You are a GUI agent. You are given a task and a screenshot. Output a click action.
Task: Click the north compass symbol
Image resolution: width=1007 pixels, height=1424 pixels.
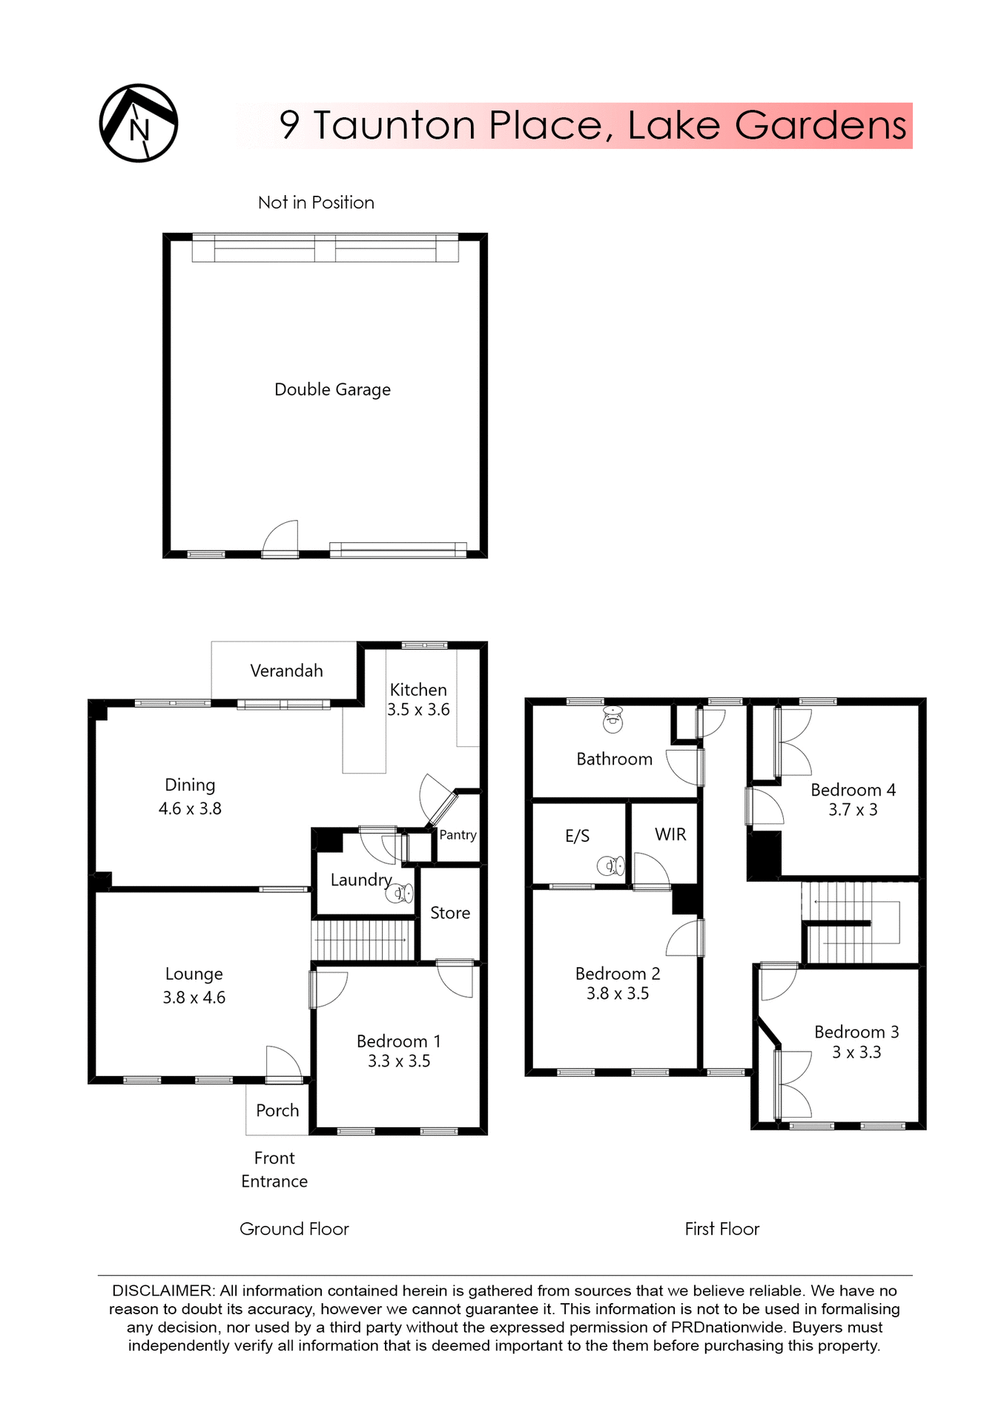tap(139, 123)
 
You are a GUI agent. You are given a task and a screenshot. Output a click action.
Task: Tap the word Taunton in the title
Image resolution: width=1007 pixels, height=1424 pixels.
tap(394, 125)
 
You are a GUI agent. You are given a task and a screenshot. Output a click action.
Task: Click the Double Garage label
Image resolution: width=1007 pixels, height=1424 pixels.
tap(332, 389)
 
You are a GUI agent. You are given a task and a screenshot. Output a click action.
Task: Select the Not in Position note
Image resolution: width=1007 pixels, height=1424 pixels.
tap(316, 202)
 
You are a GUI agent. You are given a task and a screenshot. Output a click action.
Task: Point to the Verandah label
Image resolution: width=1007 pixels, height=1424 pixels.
tap(286, 671)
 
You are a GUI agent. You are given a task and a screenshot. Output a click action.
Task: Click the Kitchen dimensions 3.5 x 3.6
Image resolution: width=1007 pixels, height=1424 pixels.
tap(418, 710)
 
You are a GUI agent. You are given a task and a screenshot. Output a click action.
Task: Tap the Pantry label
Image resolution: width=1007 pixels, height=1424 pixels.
tap(458, 835)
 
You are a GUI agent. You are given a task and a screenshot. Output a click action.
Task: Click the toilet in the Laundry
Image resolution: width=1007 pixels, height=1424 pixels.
tap(400, 893)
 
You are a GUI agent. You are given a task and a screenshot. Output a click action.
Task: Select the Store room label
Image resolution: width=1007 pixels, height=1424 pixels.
tap(450, 913)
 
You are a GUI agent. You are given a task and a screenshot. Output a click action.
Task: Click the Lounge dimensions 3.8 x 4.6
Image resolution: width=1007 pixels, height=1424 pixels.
tap(194, 998)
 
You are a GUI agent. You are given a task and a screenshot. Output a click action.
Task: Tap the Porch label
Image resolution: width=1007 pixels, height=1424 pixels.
tap(277, 1110)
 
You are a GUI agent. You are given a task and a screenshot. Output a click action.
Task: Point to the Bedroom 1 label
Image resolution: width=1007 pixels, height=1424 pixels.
tap(398, 1041)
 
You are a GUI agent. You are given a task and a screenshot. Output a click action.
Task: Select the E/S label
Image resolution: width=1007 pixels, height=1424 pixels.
tap(577, 837)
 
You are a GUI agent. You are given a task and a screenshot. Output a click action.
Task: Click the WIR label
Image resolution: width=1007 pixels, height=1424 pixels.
tap(670, 834)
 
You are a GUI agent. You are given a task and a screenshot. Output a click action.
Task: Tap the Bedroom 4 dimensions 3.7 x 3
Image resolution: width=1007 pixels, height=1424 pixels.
tap(853, 810)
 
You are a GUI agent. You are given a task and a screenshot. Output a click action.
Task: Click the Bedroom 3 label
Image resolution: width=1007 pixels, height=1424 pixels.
tap(856, 1032)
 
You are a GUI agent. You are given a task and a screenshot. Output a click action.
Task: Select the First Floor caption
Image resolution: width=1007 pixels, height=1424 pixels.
tap(722, 1229)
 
